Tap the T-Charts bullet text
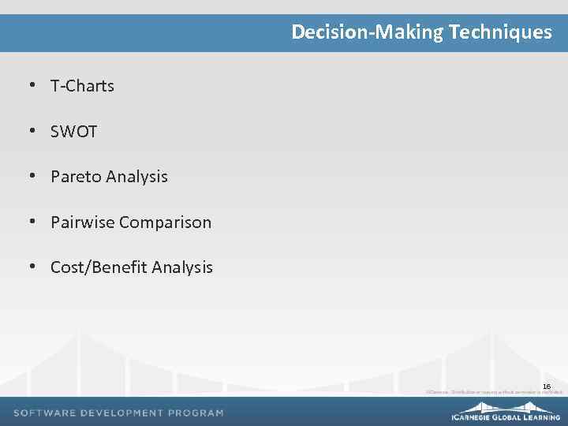pos(82,86)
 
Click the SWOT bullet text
pos(73,132)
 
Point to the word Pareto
pos(76,177)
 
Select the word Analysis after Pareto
pos(136,177)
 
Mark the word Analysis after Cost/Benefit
pos(182,267)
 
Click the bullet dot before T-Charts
pos(33,85)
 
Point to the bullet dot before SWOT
pos(33,131)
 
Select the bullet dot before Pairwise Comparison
pos(33,222)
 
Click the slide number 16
pos(546,386)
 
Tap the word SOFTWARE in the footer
pos(44,413)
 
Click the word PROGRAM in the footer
pos(196,413)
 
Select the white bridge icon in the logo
pos(506,406)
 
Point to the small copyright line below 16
pos(494,391)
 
